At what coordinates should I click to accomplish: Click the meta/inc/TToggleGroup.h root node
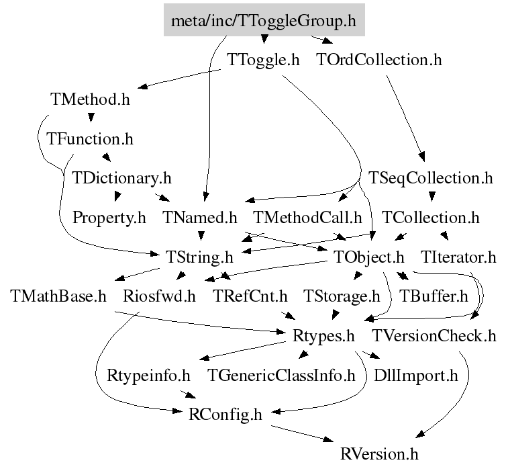[264, 21]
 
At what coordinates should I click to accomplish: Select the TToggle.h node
[263, 60]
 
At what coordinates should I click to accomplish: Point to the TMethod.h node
[90, 99]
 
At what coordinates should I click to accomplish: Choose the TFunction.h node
[90, 139]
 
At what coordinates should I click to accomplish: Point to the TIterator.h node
[458, 257]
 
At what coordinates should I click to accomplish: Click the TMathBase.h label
[58, 296]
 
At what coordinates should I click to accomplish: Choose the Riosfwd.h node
[159, 296]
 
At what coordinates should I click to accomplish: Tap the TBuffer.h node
[434, 296]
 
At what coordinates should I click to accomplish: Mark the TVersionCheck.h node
[434, 335]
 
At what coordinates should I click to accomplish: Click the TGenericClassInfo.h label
[281, 375]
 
